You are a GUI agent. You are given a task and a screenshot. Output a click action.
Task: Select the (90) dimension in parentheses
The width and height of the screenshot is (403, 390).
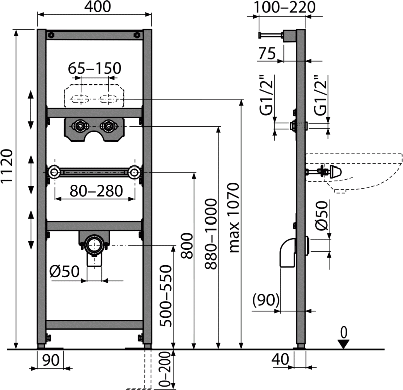pyautogui.click(x=265, y=301)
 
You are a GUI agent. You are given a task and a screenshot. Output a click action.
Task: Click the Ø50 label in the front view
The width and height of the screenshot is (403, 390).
pyautogui.click(x=66, y=272)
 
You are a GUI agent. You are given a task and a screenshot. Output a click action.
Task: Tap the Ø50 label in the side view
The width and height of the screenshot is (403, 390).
pyautogui.click(x=322, y=215)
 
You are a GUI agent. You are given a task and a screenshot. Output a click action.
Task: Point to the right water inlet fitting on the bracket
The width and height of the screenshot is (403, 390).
pyautogui.click(x=107, y=124)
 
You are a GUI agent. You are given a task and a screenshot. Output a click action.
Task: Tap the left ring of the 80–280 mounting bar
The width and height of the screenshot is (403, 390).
pyautogui.click(x=53, y=173)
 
